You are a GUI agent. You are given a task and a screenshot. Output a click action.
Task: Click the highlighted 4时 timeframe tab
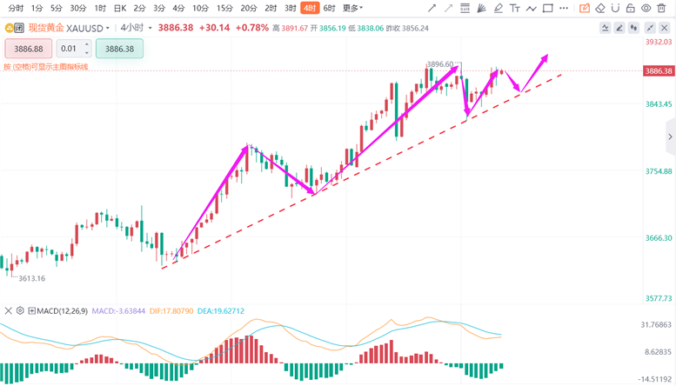311,8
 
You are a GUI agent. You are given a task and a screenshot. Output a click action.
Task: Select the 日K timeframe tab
120,8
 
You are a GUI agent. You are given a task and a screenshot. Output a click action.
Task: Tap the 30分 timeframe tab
77,8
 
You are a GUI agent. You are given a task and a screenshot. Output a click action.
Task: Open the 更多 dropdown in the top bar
352,8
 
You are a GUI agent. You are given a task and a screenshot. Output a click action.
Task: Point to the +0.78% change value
253,27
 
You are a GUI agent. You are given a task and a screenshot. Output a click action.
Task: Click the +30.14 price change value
214,27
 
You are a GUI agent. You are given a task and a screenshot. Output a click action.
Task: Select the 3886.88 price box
29,49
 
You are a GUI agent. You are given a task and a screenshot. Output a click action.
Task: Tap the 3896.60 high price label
441,64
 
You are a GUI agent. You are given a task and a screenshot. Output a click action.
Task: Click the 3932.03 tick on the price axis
658,42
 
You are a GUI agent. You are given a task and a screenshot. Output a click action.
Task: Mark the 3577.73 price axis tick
658,298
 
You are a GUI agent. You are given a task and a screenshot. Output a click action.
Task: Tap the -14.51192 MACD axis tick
656,379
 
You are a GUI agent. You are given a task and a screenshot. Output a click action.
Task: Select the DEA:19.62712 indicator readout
222,310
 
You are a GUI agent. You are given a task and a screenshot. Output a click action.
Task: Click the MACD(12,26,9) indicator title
62,310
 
